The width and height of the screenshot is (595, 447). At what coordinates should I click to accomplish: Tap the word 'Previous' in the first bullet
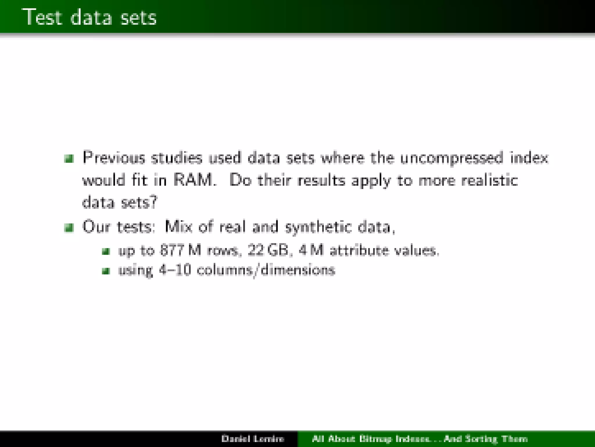click(114, 158)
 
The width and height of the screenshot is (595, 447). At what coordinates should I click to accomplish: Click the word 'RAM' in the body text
click(193, 180)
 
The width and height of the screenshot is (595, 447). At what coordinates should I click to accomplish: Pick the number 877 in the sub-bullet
click(172, 250)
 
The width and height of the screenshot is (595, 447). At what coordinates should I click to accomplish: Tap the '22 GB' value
click(268, 250)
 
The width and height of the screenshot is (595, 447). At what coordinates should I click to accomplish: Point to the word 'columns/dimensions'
click(266, 270)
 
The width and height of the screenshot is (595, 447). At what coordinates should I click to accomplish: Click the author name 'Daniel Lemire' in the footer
click(252, 439)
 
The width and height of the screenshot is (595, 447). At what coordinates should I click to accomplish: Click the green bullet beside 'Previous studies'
click(69, 159)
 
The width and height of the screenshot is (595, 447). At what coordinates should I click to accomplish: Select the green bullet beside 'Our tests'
click(69, 228)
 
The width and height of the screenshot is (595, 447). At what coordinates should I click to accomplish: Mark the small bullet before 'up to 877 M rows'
click(106, 251)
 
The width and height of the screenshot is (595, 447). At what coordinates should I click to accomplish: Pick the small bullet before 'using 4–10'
click(106, 271)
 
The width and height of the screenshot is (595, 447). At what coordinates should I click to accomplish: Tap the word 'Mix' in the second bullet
click(178, 227)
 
